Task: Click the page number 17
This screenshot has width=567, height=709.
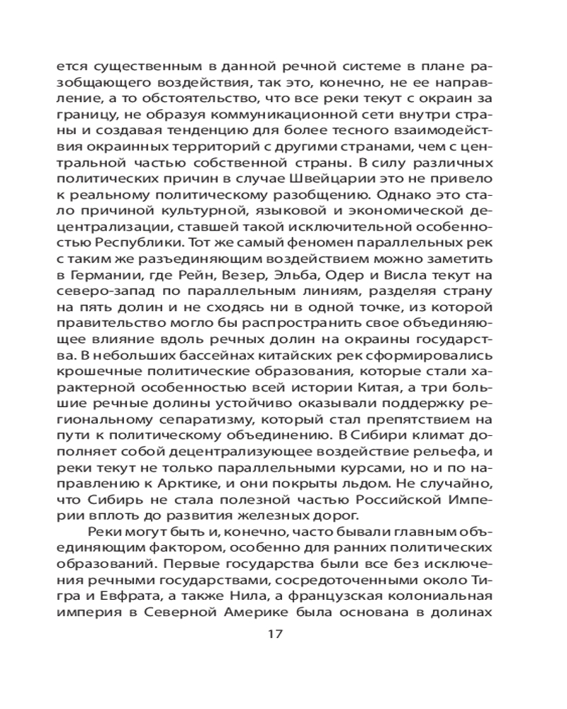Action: point(276,633)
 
